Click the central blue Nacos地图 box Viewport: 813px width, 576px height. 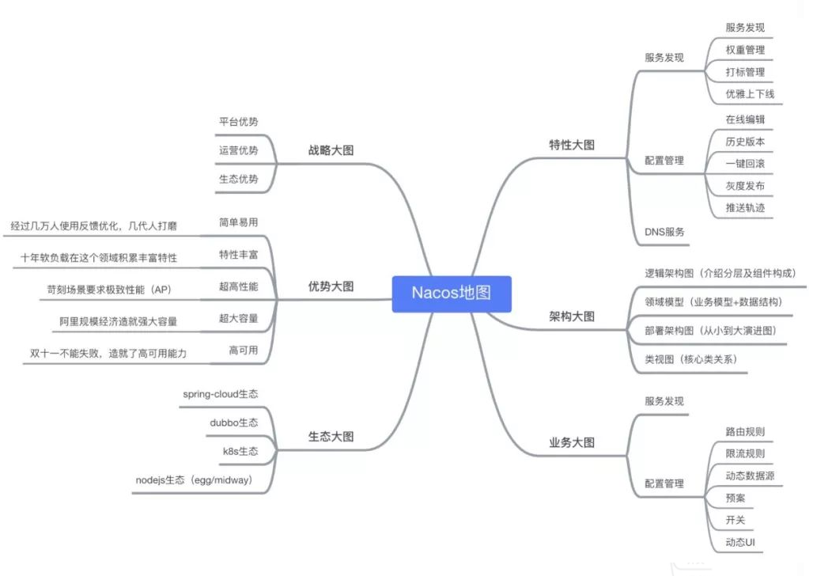[x=452, y=294]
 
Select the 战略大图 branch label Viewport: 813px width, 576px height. [x=331, y=150]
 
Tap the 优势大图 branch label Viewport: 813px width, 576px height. [x=331, y=287]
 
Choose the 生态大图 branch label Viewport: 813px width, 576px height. [x=331, y=437]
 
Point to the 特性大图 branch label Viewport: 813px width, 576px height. [x=572, y=146]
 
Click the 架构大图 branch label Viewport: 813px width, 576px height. [x=572, y=316]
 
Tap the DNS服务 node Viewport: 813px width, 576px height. [x=664, y=232]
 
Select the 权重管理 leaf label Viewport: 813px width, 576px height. [x=745, y=50]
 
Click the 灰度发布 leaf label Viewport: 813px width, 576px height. [x=745, y=186]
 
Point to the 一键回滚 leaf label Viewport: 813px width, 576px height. [x=745, y=164]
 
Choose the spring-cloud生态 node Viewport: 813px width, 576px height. [x=221, y=394]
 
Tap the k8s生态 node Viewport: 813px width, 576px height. [x=240, y=452]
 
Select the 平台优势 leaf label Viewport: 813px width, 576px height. [x=239, y=122]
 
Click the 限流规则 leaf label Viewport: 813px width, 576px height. [x=745, y=454]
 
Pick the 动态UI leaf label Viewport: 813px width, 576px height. [x=741, y=542]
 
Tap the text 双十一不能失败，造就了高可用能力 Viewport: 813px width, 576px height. [x=108, y=354]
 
